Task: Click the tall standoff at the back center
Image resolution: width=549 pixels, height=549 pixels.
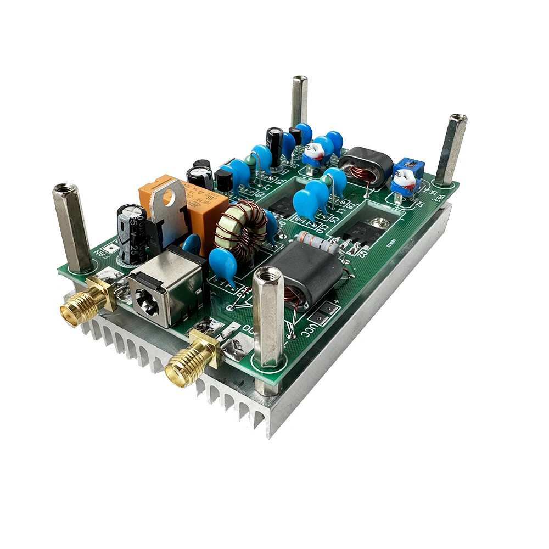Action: tap(299, 102)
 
